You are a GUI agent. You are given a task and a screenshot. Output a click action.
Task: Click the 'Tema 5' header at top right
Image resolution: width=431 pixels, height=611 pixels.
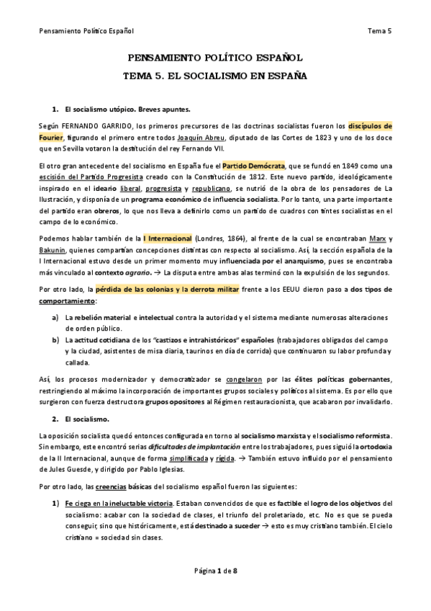[x=379, y=31]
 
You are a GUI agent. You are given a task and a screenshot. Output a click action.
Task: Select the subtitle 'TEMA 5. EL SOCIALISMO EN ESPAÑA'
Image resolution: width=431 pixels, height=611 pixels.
[x=215, y=75]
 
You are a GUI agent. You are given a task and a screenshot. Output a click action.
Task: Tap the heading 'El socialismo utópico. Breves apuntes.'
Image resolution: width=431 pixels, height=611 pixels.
[x=127, y=110]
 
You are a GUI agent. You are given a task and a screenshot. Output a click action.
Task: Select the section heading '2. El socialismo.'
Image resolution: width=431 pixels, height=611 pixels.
[x=79, y=419]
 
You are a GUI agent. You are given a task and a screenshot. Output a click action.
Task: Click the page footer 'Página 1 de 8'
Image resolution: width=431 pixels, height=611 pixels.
[x=216, y=591]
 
